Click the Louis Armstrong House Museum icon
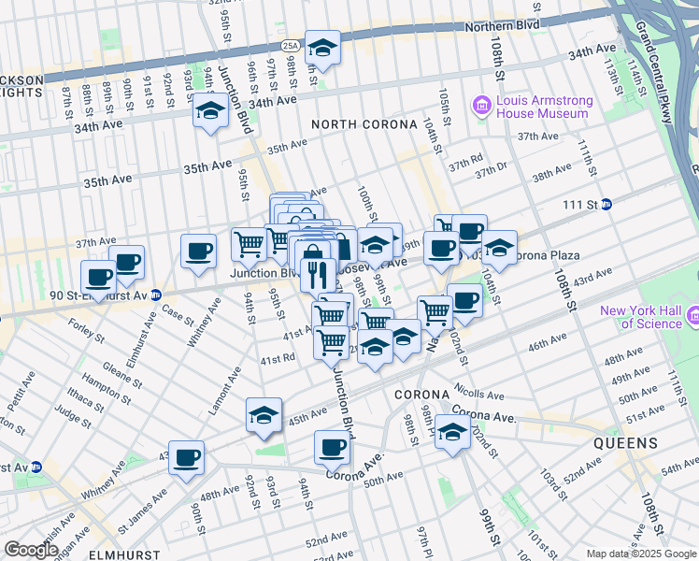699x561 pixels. click(483, 105)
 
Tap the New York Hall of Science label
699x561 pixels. click(641, 317)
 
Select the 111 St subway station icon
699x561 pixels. click(606, 204)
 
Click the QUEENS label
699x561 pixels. click(631, 443)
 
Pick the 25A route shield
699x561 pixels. click(290, 45)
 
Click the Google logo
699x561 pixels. click(31, 550)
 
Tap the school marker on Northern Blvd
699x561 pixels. click(322, 48)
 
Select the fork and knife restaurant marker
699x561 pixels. click(319, 274)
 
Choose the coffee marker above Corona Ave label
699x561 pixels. click(332, 446)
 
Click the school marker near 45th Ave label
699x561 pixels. click(264, 415)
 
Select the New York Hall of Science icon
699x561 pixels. click(692, 317)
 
